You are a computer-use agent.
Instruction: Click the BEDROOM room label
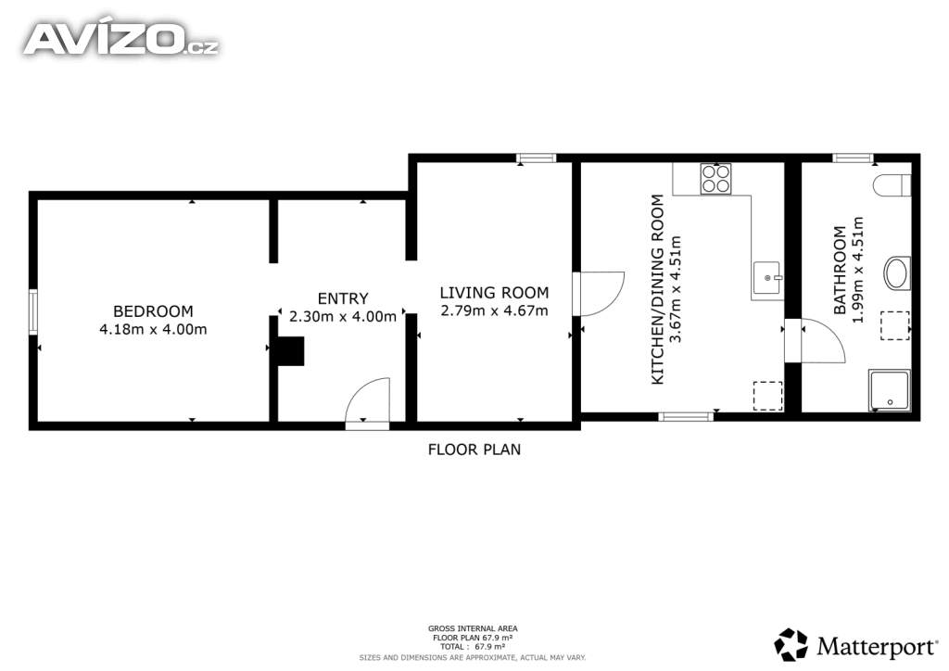coord(153,311)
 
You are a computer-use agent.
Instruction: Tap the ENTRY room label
coord(343,298)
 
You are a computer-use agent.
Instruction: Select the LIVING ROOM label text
coord(494,293)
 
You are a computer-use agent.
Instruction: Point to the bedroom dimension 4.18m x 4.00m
coord(153,330)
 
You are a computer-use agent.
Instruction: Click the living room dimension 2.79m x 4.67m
coord(494,311)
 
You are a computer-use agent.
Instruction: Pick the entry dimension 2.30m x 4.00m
coord(343,316)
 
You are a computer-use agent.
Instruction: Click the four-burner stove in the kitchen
coord(715,179)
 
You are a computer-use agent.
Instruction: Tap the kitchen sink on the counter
coord(768,278)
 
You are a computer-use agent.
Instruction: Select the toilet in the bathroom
coord(892,185)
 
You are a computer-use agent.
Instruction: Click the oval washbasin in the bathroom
coord(897,272)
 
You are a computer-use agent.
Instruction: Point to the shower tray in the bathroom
coord(889,390)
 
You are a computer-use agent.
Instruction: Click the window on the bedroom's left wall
coord(33,311)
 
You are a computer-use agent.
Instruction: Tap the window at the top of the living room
coord(537,158)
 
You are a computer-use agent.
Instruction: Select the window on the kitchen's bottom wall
coord(686,416)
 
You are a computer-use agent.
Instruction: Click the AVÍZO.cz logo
coord(120,39)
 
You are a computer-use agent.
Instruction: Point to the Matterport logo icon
coord(791,645)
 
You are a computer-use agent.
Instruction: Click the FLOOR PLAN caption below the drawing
coord(474,449)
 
